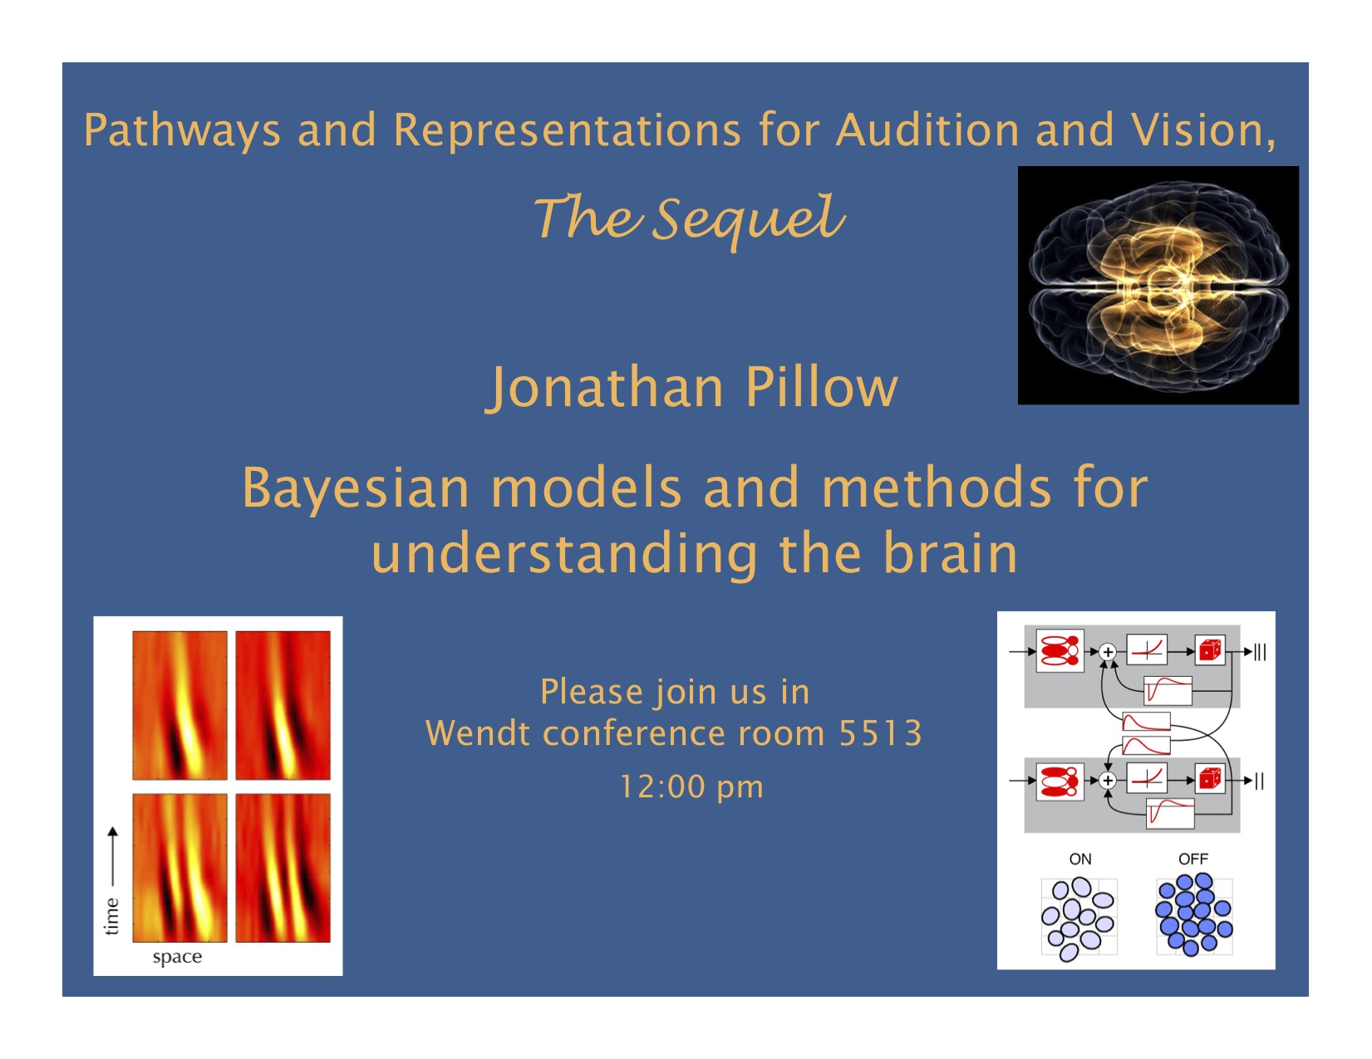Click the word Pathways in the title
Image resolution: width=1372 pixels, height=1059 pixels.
[x=182, y=130]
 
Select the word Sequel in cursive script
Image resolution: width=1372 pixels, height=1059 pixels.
[x=748, y=221]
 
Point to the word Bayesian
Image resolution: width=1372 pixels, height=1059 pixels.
[x=357, y=489]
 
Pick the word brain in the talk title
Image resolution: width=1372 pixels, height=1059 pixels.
[x=950, y=553]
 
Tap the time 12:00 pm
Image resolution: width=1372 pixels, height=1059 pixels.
[x=691, y=787]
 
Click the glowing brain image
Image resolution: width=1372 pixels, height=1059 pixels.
[x=1158, y=285]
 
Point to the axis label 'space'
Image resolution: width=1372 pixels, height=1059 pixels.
[x=177, y=958]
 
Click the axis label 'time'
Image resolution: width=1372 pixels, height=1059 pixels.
[x=111, y=916]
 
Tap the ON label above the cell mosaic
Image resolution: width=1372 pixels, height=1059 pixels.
[x=1080, y=859]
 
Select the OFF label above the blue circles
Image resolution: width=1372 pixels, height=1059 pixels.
[x=1193, y=859]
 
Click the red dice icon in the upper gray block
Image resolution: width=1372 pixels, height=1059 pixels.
[x=1210, y=650]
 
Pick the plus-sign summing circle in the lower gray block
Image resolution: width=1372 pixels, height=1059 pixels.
[x=1108, y=781]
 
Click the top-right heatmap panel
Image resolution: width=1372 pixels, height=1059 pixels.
[x=283, y=705]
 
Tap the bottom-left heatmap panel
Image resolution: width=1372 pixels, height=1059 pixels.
[x=180, y=868]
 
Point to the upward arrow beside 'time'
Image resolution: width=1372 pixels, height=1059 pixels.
[x=112, y=857]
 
